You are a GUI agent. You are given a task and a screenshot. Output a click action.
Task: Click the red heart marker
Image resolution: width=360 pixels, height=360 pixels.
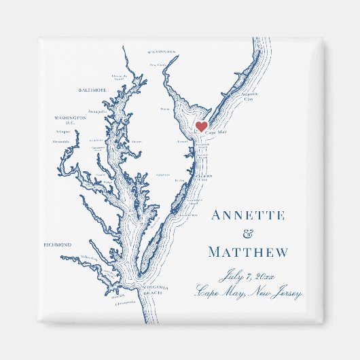pos(201,126)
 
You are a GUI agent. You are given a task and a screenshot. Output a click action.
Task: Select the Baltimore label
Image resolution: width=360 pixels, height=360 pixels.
pos(94,89)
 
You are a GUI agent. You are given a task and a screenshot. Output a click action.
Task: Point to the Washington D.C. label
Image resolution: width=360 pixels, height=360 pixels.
pos(71,120)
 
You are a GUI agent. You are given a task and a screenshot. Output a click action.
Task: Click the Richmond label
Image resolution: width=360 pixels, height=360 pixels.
pos(57,245)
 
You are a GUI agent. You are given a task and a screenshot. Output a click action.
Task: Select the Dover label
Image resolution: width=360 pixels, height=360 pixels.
pos(165,109)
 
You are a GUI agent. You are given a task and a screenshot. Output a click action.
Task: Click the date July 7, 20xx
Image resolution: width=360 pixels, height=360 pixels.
pos(248,276)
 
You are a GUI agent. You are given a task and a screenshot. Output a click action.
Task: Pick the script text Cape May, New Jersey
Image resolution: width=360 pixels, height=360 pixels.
pos(248,293)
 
